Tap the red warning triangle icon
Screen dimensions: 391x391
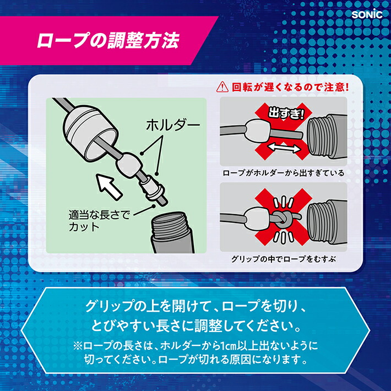223,87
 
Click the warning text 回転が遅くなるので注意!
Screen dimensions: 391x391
290,87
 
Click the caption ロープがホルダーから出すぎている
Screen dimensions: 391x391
283,173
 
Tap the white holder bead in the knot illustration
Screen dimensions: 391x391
257,218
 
